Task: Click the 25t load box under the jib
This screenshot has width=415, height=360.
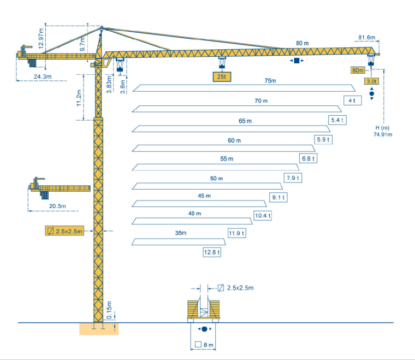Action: pos(221,77)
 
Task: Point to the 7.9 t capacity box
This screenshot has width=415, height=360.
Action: pos(293,178)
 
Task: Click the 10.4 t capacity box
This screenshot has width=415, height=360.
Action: pos(263,216)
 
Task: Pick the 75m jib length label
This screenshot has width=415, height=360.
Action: pos(270,81)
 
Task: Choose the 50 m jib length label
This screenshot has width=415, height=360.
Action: pos(217,179)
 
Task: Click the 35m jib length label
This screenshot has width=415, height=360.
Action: pos(181,233)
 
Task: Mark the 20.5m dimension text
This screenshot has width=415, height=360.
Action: pos(57,206)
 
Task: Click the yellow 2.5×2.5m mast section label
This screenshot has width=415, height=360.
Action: pos(65,231)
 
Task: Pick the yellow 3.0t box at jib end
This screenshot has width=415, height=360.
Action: pos(372,81)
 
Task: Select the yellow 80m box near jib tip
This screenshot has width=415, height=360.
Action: pos(358,70)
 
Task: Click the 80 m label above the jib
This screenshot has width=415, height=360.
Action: pos(302,43)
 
